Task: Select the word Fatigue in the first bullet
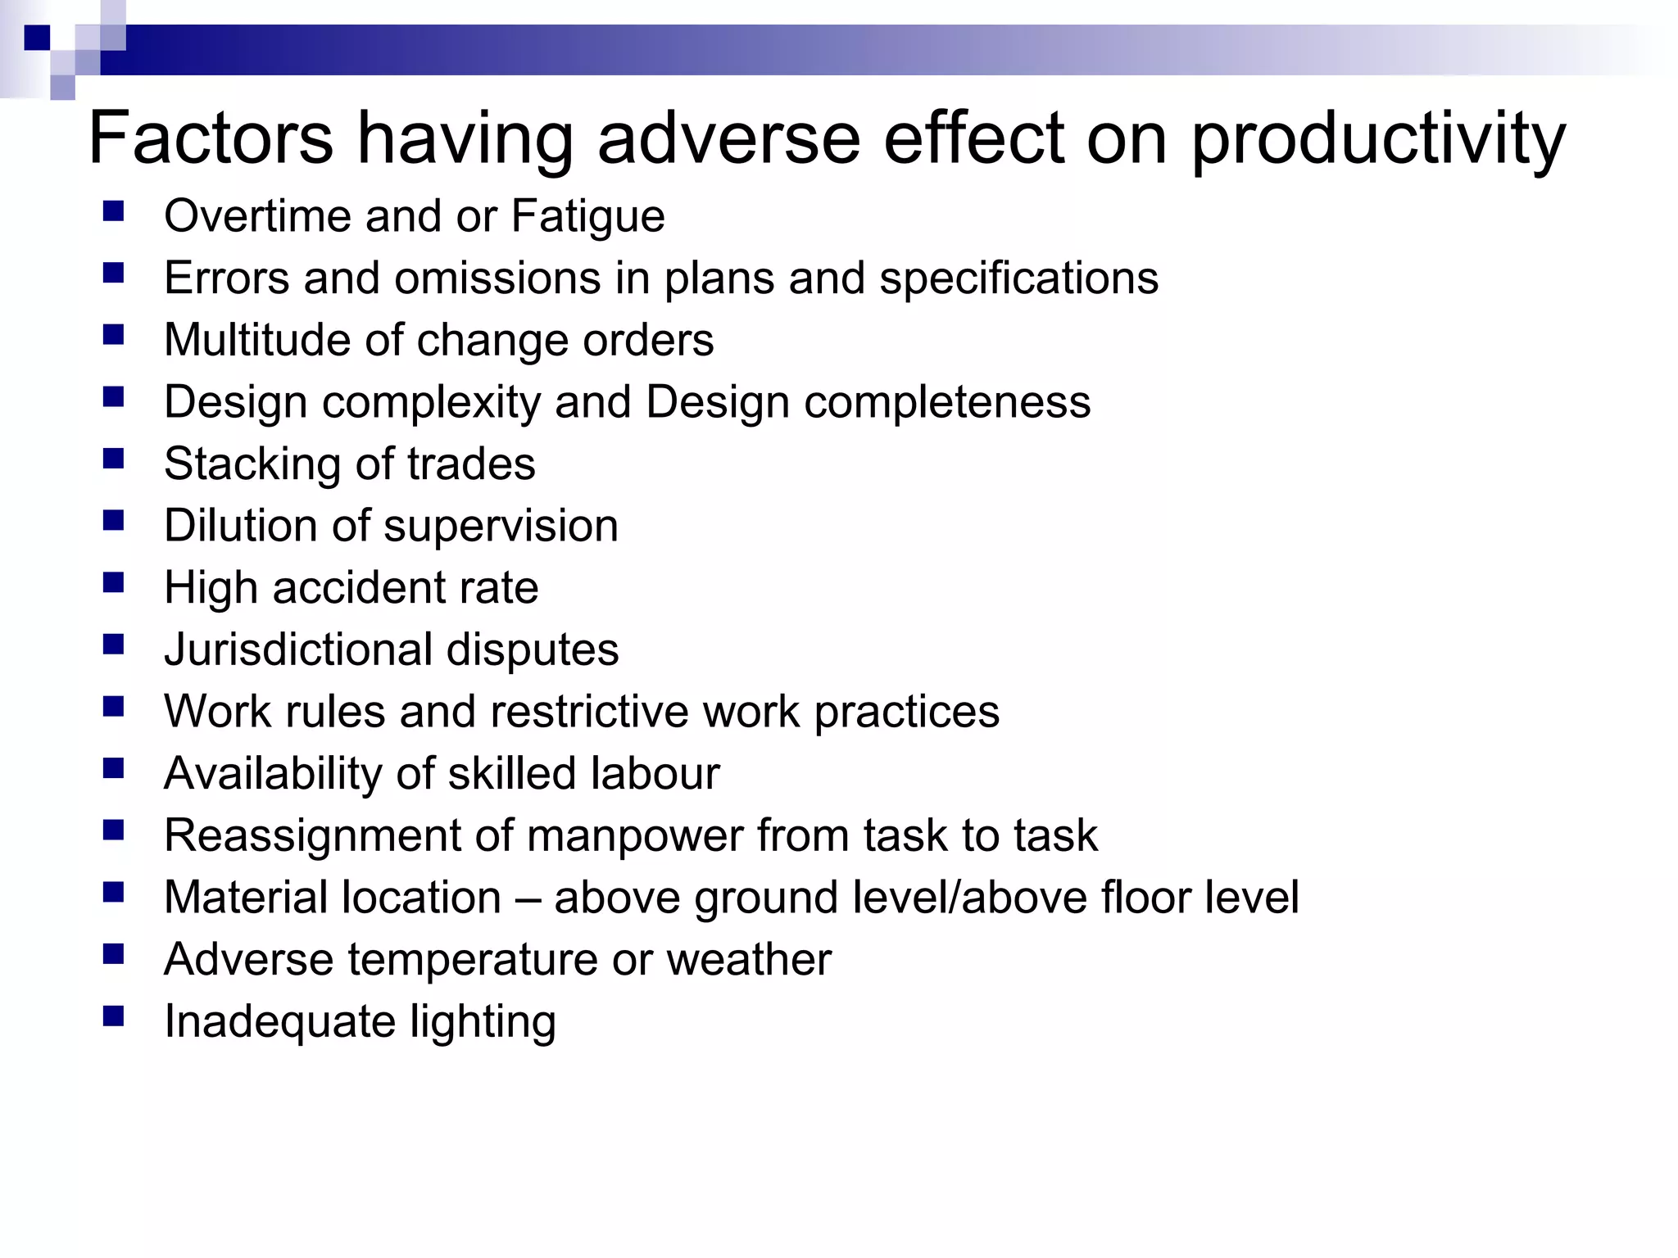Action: pyautogui.click(x=587, y=217)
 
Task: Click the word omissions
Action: pyautogui.click(x=497, y=278)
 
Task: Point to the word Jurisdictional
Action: pyautogui.click(x=297, y=650)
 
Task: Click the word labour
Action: pyautogui.click(x=655, y=773)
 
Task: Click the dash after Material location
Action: pyautogui.click(x=528, y=898)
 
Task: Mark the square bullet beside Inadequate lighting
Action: pyautogui.click(x=113, y=1016)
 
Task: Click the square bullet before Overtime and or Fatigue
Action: pyautogui.click(x=113, y=212)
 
